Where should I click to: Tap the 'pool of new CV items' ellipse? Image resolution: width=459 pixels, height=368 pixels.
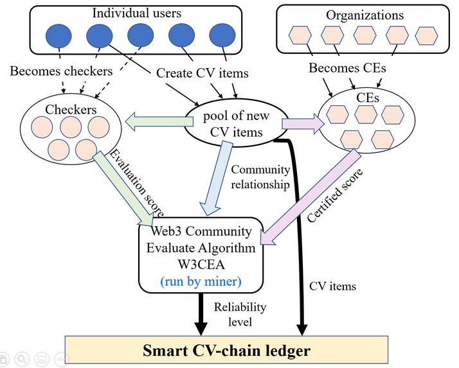point(233,123)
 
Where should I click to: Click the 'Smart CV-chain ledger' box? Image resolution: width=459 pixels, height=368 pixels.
point(228,351)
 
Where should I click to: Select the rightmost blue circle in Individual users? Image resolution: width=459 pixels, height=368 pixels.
point(222,36)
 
